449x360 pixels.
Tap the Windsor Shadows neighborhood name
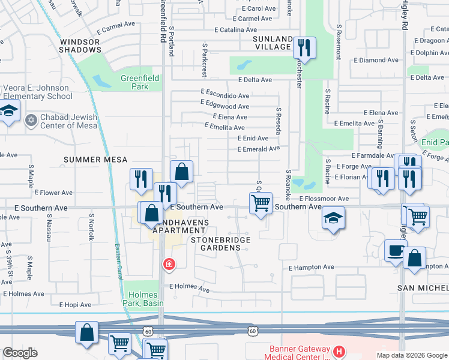click(79, 46)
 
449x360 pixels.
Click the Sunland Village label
click(272, 43)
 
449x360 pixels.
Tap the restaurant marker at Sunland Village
click(305, 48)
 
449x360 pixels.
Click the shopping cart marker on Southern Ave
click(261, 203)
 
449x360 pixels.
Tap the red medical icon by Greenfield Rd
click(169, 263)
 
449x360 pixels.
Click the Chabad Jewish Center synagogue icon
click(31, 121)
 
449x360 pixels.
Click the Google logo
click(20, 353)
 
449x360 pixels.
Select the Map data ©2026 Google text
click(412, 355)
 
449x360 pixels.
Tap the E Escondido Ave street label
click(225, 95)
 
